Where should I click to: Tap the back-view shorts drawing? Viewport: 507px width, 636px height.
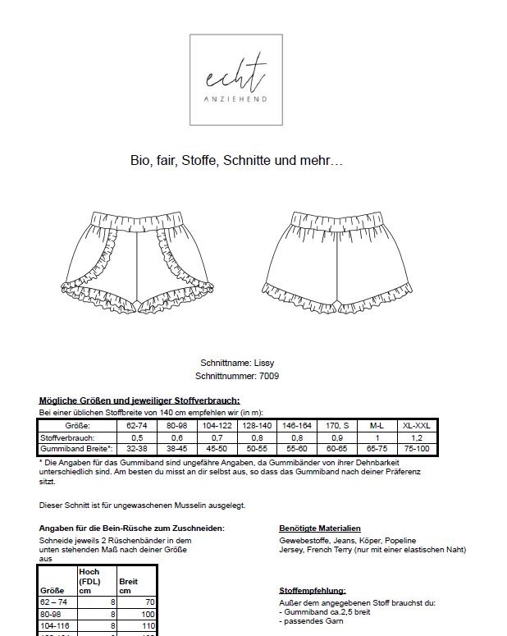pyautogui.click(x=337, y=254)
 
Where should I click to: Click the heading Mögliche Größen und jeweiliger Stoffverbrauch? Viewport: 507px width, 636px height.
pyautogui.click(x=139, y=400)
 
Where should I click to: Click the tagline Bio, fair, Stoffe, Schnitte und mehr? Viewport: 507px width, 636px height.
pyautogui.click(x=237, y=161)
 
